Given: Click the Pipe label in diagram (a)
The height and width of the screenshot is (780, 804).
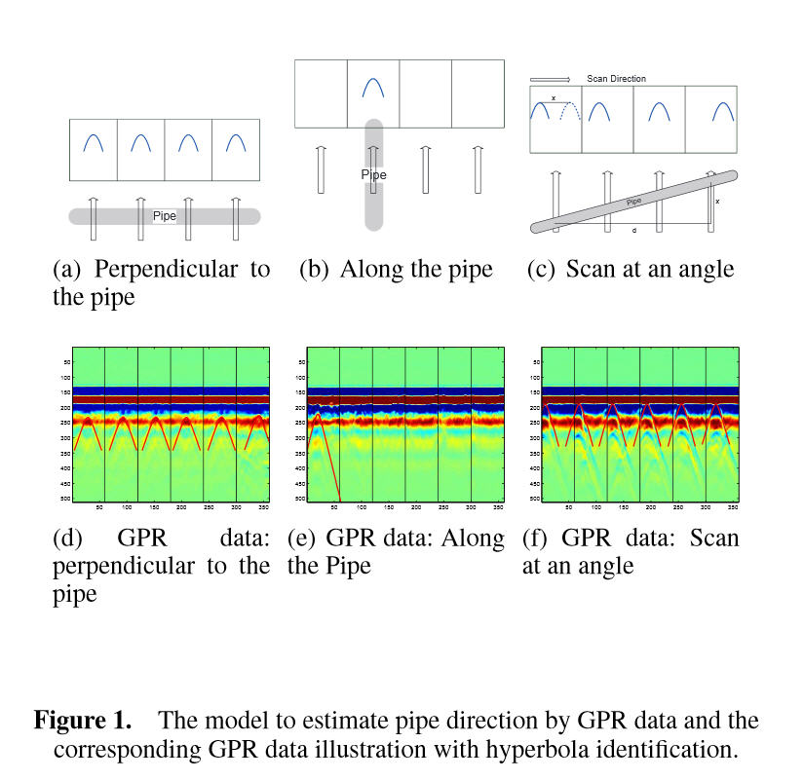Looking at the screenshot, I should (165, 216).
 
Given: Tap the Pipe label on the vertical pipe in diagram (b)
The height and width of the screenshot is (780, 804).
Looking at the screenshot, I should (373, 175).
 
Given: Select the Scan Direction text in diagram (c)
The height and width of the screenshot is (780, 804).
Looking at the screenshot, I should (616, 79).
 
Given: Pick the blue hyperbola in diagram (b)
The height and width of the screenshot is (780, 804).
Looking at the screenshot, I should (373, 88).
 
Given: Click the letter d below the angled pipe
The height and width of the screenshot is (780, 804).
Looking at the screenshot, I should (634, 231).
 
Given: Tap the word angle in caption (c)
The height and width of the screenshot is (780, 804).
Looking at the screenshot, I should (702, 270).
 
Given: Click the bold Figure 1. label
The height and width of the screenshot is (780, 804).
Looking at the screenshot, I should (83, 722).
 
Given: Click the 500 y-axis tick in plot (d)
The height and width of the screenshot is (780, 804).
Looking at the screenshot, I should (64, 498).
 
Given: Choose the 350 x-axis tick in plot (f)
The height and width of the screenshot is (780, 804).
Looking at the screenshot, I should (732, 507).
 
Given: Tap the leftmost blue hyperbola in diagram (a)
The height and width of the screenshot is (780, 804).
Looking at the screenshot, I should (94, 143).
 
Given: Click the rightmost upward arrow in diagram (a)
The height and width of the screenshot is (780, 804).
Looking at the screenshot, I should (235, 217).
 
